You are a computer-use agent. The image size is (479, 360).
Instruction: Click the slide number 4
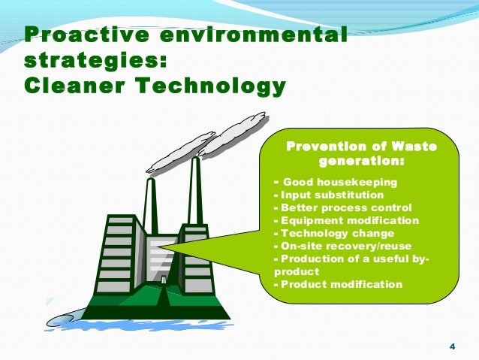451,346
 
